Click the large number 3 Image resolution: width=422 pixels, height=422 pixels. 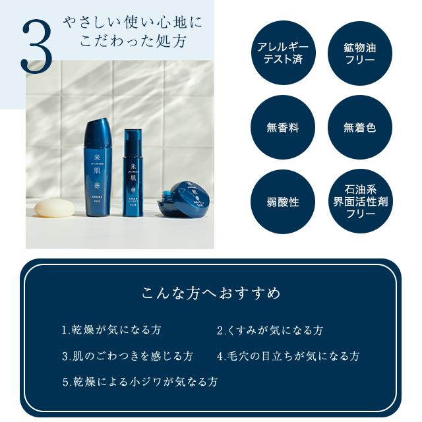(36, 45)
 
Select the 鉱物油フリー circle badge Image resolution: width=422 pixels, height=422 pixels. (360, 53)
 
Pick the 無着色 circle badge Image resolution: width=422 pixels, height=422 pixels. (360, 127)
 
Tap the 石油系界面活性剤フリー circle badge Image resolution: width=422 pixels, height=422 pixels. (360, 202)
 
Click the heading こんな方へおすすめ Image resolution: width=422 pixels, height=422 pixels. (210, 292)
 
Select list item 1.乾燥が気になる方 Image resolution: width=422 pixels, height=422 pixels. (111, 330)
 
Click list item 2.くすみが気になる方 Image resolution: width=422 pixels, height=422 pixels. (270, 330)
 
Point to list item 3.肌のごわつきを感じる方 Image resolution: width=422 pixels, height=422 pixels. (128, 356)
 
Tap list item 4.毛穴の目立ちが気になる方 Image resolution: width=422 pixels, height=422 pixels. (288, 356)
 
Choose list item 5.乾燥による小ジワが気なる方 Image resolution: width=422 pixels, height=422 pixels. (140, 381)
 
